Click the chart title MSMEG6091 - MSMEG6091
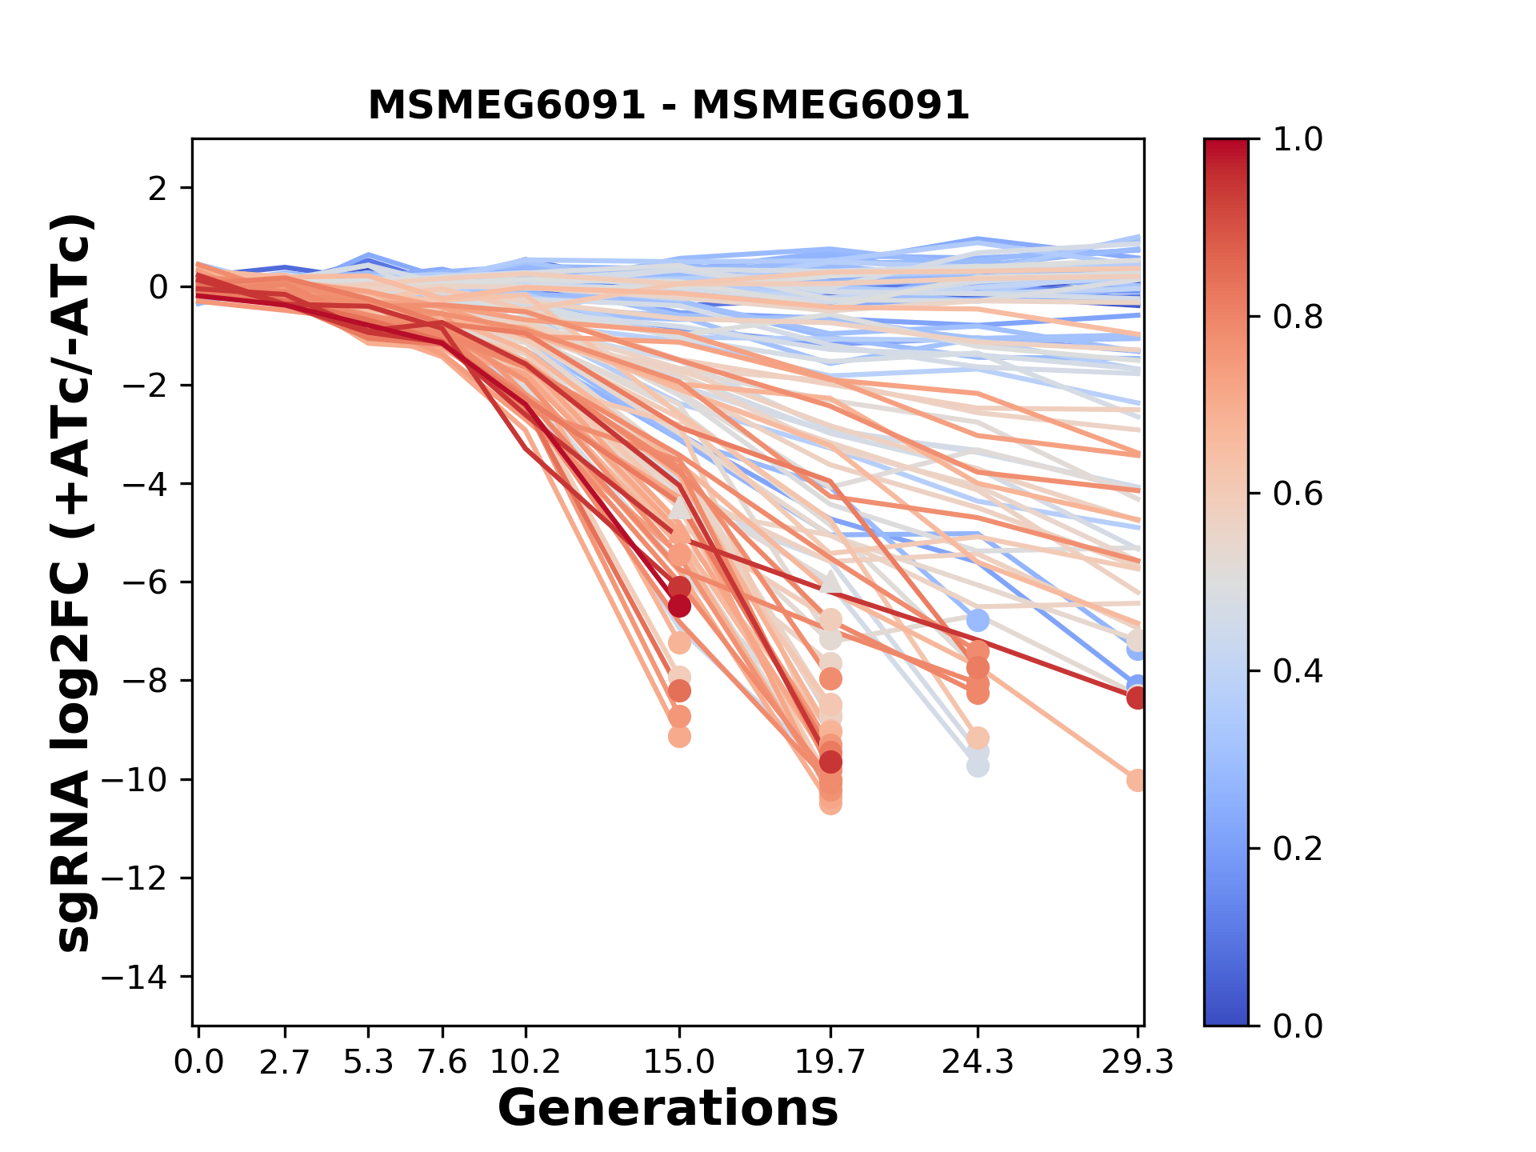pos(668,106)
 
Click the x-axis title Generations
pos(668,1109)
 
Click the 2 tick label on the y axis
pos(158,189)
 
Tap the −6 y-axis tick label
pos(142,582)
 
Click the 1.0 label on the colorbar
pos(1298,140)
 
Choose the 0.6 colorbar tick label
pos(1298,494)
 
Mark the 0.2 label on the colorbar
pos(1298,849)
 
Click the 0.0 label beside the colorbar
pos(1298,1026)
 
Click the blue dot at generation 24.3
pos(977,620)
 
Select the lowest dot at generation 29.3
pos(1137,780)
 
